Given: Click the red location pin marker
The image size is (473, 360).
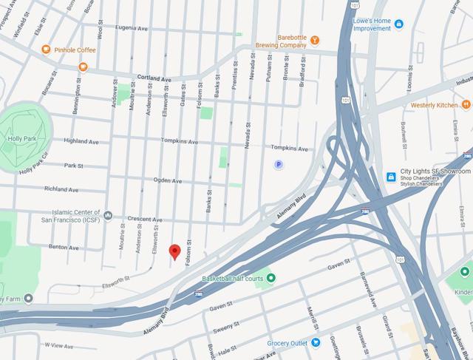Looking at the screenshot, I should click(x=175, y=251).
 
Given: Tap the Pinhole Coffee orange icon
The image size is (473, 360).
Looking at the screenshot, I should click(x=46, y=50).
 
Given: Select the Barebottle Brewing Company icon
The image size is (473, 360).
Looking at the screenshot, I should click(x=314, y=40).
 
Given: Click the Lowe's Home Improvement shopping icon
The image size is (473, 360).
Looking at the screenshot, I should click(x=398, y=24).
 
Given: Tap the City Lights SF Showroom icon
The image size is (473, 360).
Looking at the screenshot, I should click(x=391, y=176).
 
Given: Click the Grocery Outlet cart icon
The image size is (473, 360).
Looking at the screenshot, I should click(x=316, y=342).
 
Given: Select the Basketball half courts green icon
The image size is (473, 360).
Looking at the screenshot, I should click(x=270, y=278).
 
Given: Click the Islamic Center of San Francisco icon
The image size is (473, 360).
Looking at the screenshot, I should click(x=109, y=216).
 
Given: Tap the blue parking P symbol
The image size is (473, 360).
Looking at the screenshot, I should click(x=278, y=165).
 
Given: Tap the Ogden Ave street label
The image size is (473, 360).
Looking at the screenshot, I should click(x=168, y=180).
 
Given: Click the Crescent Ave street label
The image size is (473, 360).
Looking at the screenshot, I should click(x=145, y=220).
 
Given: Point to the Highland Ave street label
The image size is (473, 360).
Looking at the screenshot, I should click(x=81, y=141).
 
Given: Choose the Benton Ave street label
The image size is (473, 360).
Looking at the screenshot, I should click(x=64, y=247).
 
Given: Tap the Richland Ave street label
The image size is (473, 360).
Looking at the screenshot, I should click(x=61, y=189).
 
